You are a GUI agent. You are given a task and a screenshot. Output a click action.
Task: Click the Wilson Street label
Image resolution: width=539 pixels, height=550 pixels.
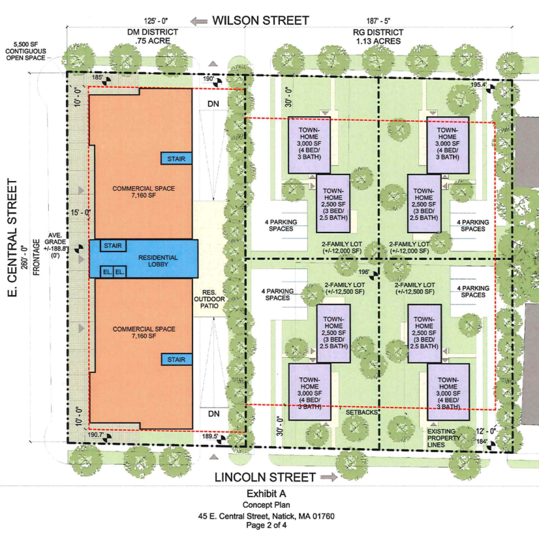[x=260, y=20]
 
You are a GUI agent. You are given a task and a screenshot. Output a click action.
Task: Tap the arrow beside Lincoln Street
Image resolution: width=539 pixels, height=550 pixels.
[x=329, y=477]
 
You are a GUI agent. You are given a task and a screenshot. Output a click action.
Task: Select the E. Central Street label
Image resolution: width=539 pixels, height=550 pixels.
[x=12, y=238]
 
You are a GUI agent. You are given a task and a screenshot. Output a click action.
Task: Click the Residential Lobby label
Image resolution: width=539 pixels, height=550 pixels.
[x=158, y=261]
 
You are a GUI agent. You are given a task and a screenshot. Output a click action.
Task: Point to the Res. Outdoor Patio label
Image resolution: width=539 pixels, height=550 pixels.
[x=209, y=299]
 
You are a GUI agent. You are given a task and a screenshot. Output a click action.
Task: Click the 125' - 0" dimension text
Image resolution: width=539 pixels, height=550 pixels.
[x=156, y=21]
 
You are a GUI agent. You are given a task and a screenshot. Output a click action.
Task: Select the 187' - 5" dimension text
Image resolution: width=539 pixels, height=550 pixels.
[x=378, y=21]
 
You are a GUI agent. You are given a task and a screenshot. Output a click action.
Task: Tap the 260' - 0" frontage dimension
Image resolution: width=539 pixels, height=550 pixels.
[x=24, y=257]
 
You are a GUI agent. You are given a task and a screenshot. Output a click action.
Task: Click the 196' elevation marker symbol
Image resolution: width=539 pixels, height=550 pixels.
[x=374, y=276]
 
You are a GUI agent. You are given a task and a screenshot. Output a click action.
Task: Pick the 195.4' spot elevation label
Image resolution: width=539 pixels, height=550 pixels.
[x=478, y=84]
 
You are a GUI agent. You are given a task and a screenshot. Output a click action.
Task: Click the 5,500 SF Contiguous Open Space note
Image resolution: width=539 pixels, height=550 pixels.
[x=25, y=51]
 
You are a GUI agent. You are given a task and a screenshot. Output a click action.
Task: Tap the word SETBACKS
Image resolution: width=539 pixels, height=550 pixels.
[x=362, y=413]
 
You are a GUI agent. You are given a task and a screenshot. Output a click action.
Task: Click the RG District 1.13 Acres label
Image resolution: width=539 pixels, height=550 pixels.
[x=378, y=37]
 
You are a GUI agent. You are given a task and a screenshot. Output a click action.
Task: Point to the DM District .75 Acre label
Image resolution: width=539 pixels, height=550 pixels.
[x=153, y=37]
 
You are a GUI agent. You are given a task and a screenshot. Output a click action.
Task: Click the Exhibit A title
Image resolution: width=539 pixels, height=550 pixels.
[x=266, y=494]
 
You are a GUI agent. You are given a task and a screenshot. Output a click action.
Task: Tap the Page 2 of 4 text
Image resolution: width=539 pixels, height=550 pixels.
[x=266, y=525]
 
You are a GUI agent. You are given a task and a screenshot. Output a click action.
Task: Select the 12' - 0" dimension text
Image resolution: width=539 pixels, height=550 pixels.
[x=486, y=431]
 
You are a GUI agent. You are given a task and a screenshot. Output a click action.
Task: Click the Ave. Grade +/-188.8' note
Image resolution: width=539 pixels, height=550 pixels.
[x=55, y=245]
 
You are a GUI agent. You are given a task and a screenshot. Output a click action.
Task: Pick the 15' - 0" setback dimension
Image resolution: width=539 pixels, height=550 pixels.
[x=80, y=212]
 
